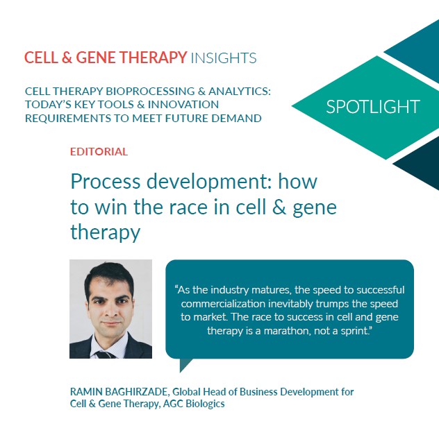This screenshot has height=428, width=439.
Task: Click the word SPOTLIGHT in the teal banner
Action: coord(373,106)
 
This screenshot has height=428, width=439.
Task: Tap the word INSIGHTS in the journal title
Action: coord(223,58)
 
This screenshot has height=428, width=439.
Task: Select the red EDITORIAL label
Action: coord(99,151)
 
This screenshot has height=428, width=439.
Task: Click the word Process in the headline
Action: coord(103,182)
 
